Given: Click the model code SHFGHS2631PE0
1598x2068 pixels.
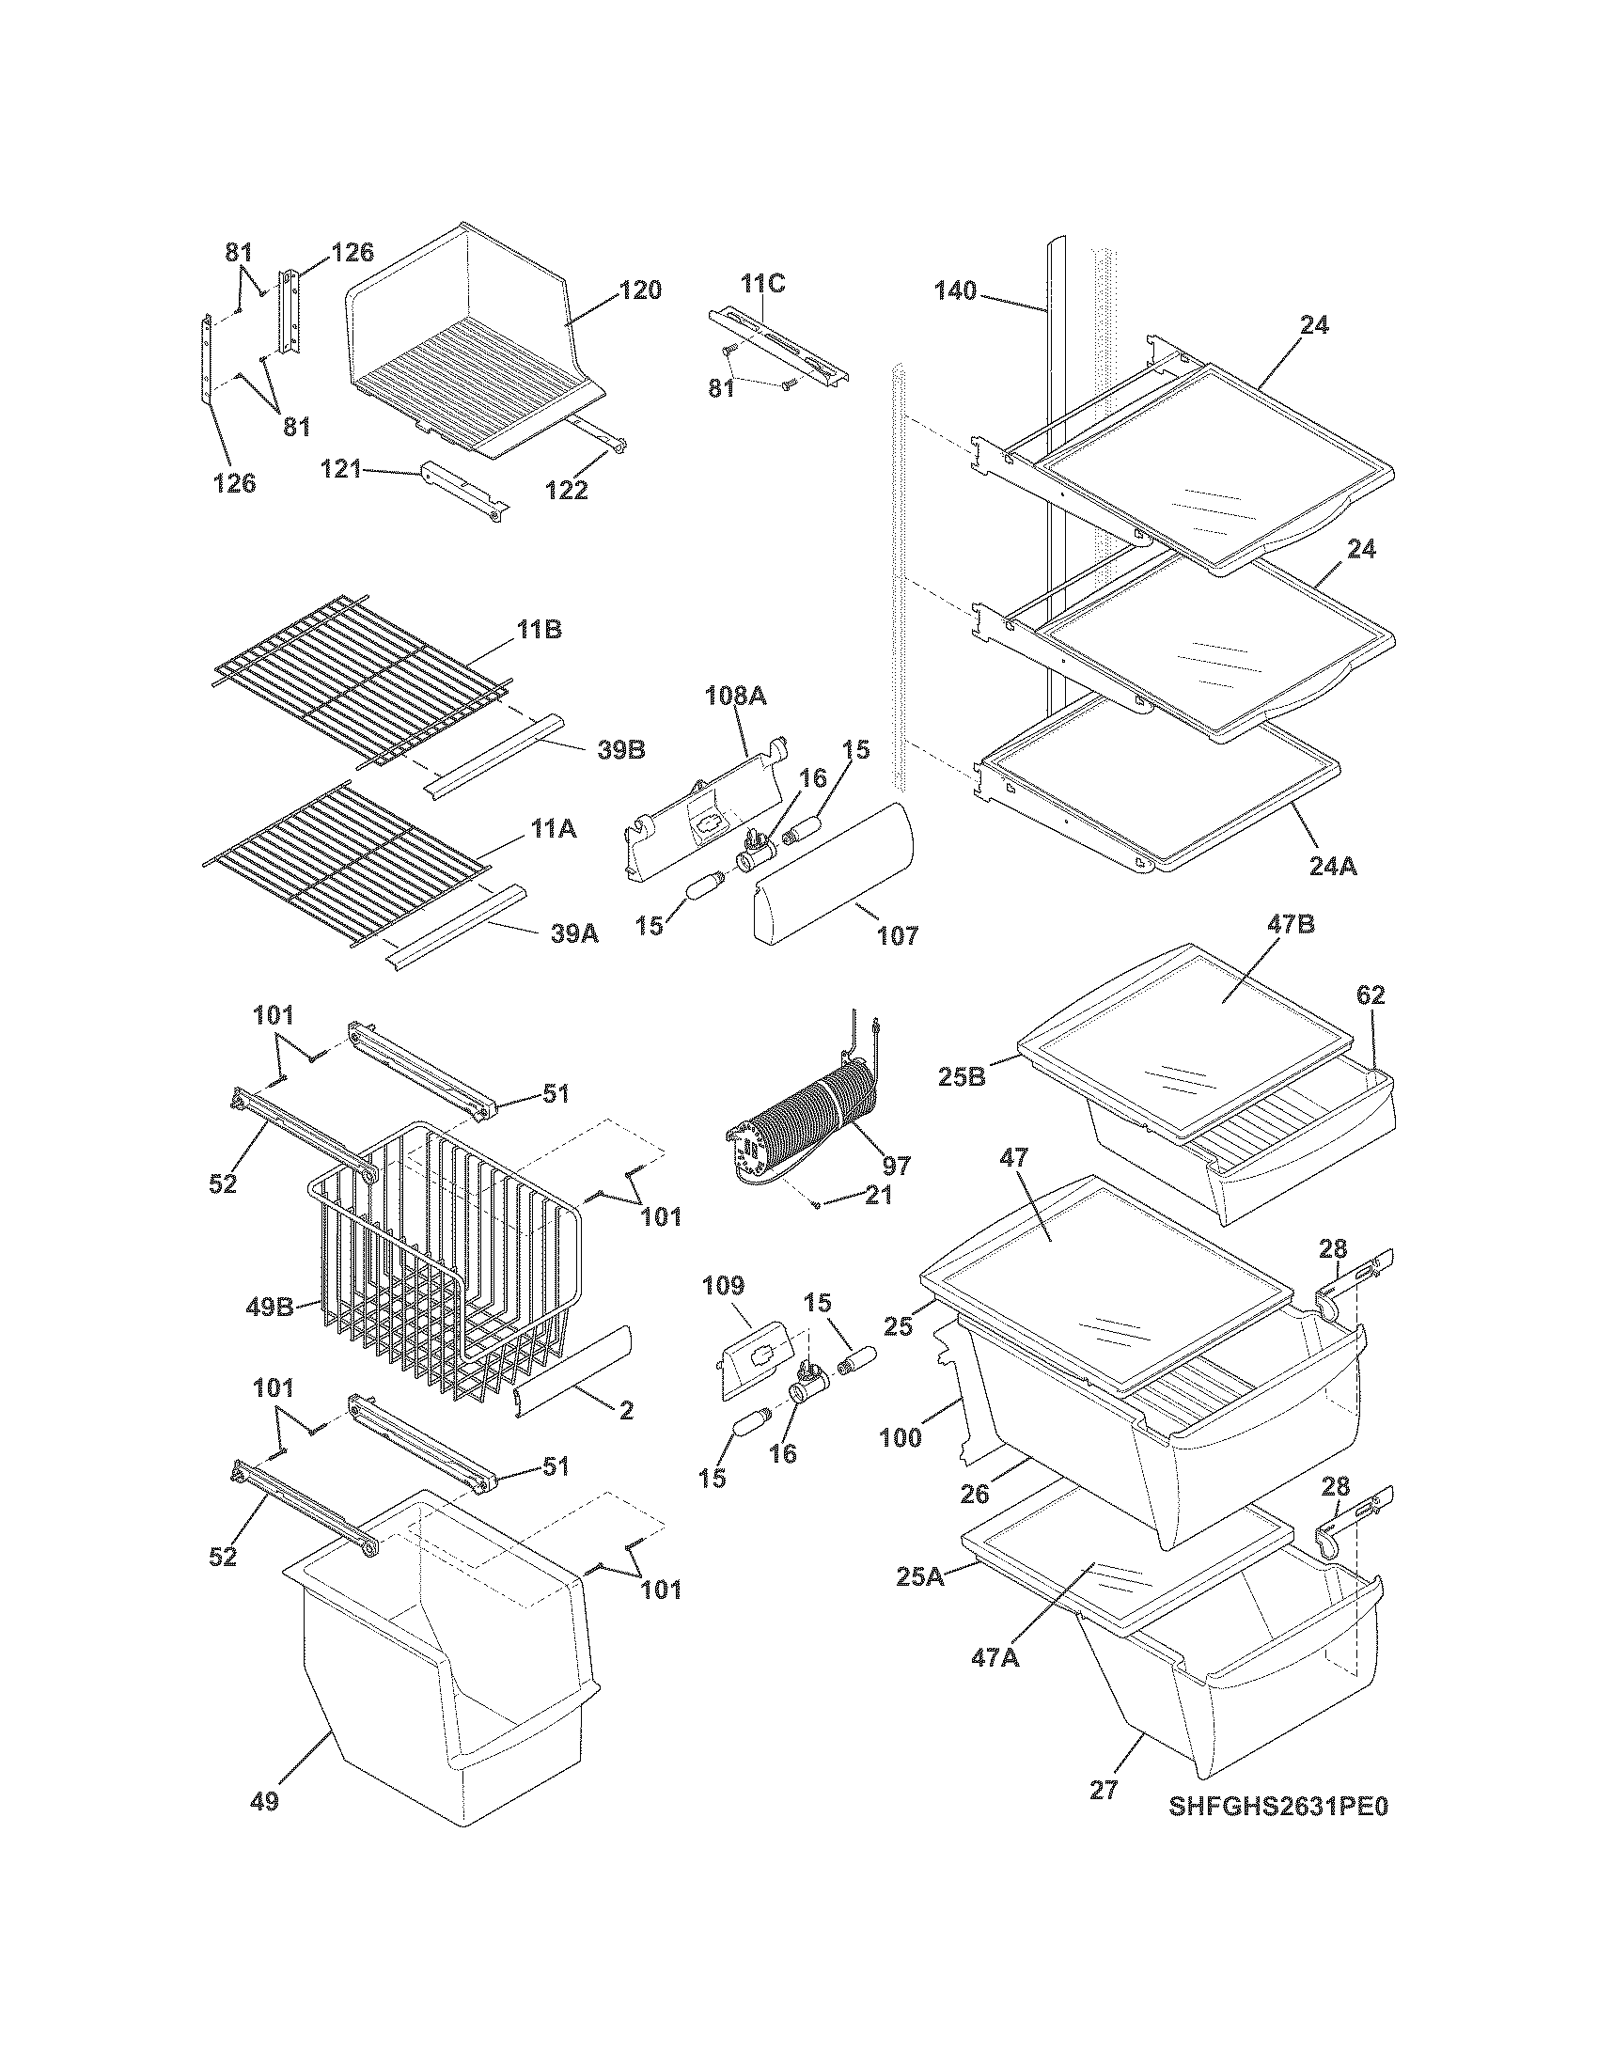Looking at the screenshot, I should click(x=1278, y=1806).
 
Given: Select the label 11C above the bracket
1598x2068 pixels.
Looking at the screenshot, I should click(x=762, y=283).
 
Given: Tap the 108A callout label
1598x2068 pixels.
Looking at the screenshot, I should click(x=735, y=696).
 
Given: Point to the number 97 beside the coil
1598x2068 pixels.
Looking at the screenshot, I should click(x=896, y=1165).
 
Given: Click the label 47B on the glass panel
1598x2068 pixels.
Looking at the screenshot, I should click(x=1292, y=925).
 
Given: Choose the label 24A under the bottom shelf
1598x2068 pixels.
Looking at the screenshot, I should click(x=1333, y=866).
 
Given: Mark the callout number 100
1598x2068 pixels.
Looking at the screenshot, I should click(x=900, y=1437).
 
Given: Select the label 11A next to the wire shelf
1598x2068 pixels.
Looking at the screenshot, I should click(x=554, y=828).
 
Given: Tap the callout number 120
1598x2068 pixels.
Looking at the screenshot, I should click(x=640, y=290).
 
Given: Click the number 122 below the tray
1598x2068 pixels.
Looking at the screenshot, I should click(x=566, y=490).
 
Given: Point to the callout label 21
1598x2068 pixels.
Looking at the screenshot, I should click(x=879, y=1196).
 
